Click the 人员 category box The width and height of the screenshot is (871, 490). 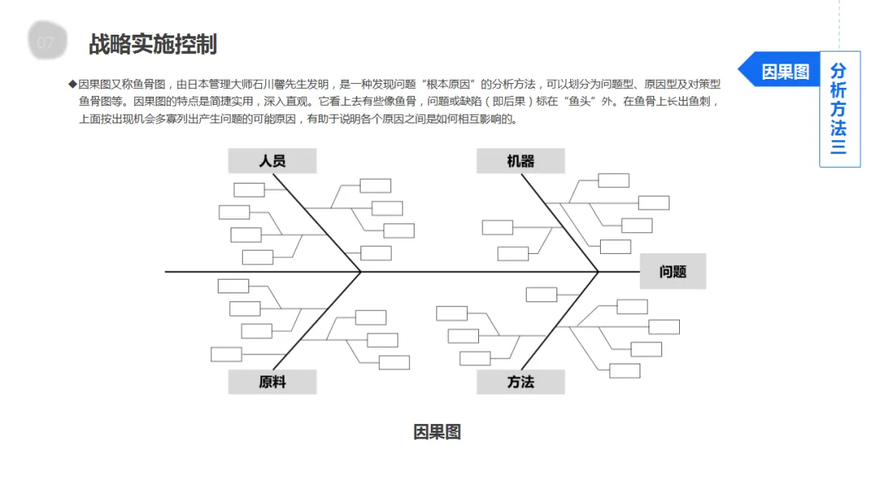pyautogui.click(x=272, y=161)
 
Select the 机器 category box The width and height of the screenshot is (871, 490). pyautogui.click(x=520, y=161)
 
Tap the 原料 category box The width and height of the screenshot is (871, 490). pyautogui.click(x=272, y=382)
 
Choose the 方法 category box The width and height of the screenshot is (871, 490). pyautogui.click(x=520, y=382)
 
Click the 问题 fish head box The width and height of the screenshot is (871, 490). pyautogui.click(x=673, y=272)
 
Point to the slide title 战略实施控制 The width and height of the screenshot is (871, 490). pyautogui.click(x=152, y=44)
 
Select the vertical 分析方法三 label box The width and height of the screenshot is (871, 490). pyautogui.click(x=839, y=109)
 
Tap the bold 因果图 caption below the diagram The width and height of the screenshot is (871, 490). pyautogui.click(x=436, y=432)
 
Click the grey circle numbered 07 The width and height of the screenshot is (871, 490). pyautogui.click(x=45, y=43)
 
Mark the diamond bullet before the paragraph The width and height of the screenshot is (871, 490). pyautogui.click(x=72, y=84)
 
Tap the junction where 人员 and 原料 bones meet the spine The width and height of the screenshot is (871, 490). pyautogui.click(x=360, y=272)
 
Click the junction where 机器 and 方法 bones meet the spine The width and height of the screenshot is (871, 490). pyautogui.click(x=598, y=272)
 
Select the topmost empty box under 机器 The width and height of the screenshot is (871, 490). pyautogui.click(x=613, y=181)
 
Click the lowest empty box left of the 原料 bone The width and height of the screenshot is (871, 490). pyautogui.click(x=227, y=354)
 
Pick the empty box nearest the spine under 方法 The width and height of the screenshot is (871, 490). pyautogui.click(x=541, y=294)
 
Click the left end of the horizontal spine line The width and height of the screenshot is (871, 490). pyautogui.click(x=167, y=272)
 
